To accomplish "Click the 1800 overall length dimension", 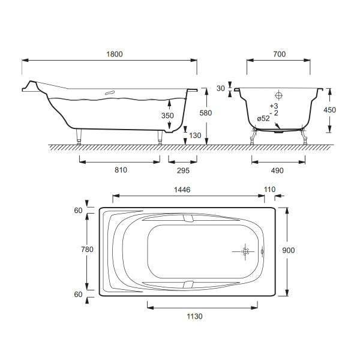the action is (115, 54).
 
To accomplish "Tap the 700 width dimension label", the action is (280, 54).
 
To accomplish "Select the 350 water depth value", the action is (167, 115).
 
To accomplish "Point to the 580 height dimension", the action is (205, 113).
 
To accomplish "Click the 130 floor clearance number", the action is (195, 136).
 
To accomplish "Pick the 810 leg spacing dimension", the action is (121, 170).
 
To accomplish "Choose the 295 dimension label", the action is (183, 170).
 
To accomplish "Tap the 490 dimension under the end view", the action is (277, 170).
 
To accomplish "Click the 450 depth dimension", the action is (329, 110).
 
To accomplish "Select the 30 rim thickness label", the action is (221, 88).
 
